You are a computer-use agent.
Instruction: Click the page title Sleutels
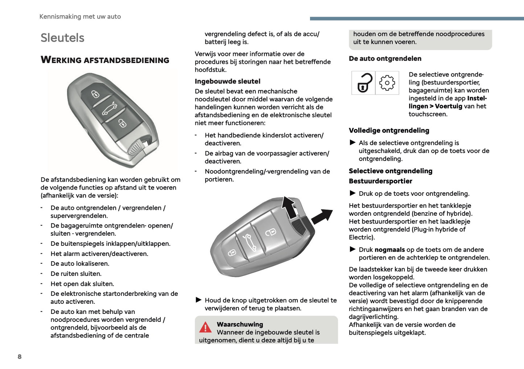coord(62,38)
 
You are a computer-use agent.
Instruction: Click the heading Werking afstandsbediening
coord(105,60)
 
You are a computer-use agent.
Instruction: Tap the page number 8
coord(20,357)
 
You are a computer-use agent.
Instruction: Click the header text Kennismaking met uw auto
coord(80,17)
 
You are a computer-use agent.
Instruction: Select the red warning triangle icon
coord(205,327)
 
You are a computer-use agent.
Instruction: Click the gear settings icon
coord(387,83)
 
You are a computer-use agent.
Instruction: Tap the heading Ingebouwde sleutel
coord(227,82)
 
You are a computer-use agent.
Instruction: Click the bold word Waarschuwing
coord(240,324)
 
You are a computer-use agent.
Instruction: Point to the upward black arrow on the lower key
coord(289,207)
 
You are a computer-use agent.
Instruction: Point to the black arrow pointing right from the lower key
coord(322,216)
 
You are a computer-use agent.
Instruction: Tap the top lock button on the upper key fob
coord(95,94)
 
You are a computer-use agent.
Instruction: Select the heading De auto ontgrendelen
coord(385,59)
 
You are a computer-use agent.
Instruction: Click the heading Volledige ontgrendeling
coord(389,130)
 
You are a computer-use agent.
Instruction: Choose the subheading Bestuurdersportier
coord(380,181)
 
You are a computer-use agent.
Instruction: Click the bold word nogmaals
coord(389,250)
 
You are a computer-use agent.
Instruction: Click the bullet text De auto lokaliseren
coord(80,264)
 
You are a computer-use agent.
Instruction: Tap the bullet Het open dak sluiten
coord(82,284)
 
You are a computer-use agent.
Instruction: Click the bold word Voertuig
coord(449,106)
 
